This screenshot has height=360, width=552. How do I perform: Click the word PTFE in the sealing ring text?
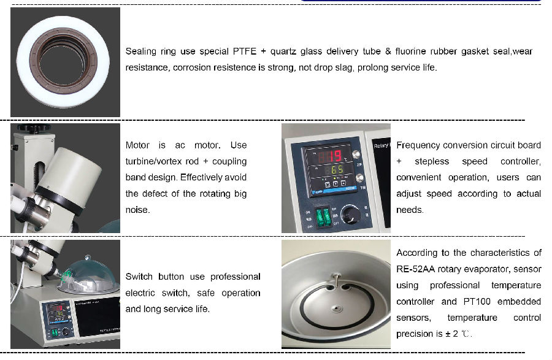pyautogui.click(x=244, y=52)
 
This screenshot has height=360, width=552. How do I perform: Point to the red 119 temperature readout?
pyautogui.click(x=330, y=156)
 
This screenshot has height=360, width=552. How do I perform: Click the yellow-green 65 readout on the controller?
pyautogui.click(x=337, y=170)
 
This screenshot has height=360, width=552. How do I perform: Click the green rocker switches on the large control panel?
pyautogui.click(x=323, y=216)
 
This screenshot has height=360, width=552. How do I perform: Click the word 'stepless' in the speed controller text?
pyautogui.click(x=432, y=161)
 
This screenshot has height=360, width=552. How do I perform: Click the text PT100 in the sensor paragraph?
pyautogui.click(x=477, y=302)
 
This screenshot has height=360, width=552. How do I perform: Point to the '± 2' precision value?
pyautogui.click(x=451, y=334)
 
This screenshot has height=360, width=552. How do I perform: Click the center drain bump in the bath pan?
pyautogui.click(x=336, y=309)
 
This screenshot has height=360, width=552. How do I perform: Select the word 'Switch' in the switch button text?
pyautogui.click(x=139, y=277)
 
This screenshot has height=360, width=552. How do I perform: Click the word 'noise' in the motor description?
pyautogui.click(x=137, y=210)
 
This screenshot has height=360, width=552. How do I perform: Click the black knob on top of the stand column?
pyautogui.click(x=34, y=128)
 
